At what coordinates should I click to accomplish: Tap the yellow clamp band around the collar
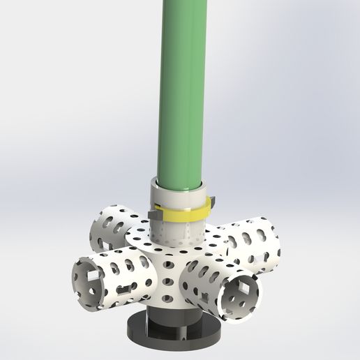pyautogui.click(x=181, y=213)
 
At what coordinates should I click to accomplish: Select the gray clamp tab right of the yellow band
pyautogui.click(x=211, y=203)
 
